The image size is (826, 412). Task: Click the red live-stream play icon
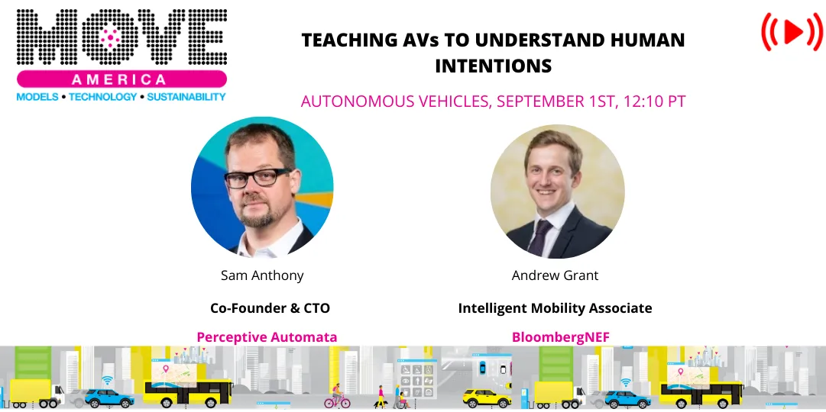792,31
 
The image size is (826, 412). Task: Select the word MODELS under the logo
37,97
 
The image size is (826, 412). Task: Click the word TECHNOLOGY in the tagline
103,97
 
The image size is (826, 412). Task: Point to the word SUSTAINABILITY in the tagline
186,97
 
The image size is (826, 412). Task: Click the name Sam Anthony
261,275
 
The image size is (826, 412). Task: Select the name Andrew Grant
556,275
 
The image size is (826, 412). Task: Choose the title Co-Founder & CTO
270,308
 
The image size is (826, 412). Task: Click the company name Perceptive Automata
267,336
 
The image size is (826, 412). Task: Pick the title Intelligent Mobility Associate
555,308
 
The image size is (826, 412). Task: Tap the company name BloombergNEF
556,336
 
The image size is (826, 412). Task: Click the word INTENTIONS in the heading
493,66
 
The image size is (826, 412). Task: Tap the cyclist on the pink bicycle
336,396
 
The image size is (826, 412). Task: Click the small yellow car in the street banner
486,398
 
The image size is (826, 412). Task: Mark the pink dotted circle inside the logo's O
112,35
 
